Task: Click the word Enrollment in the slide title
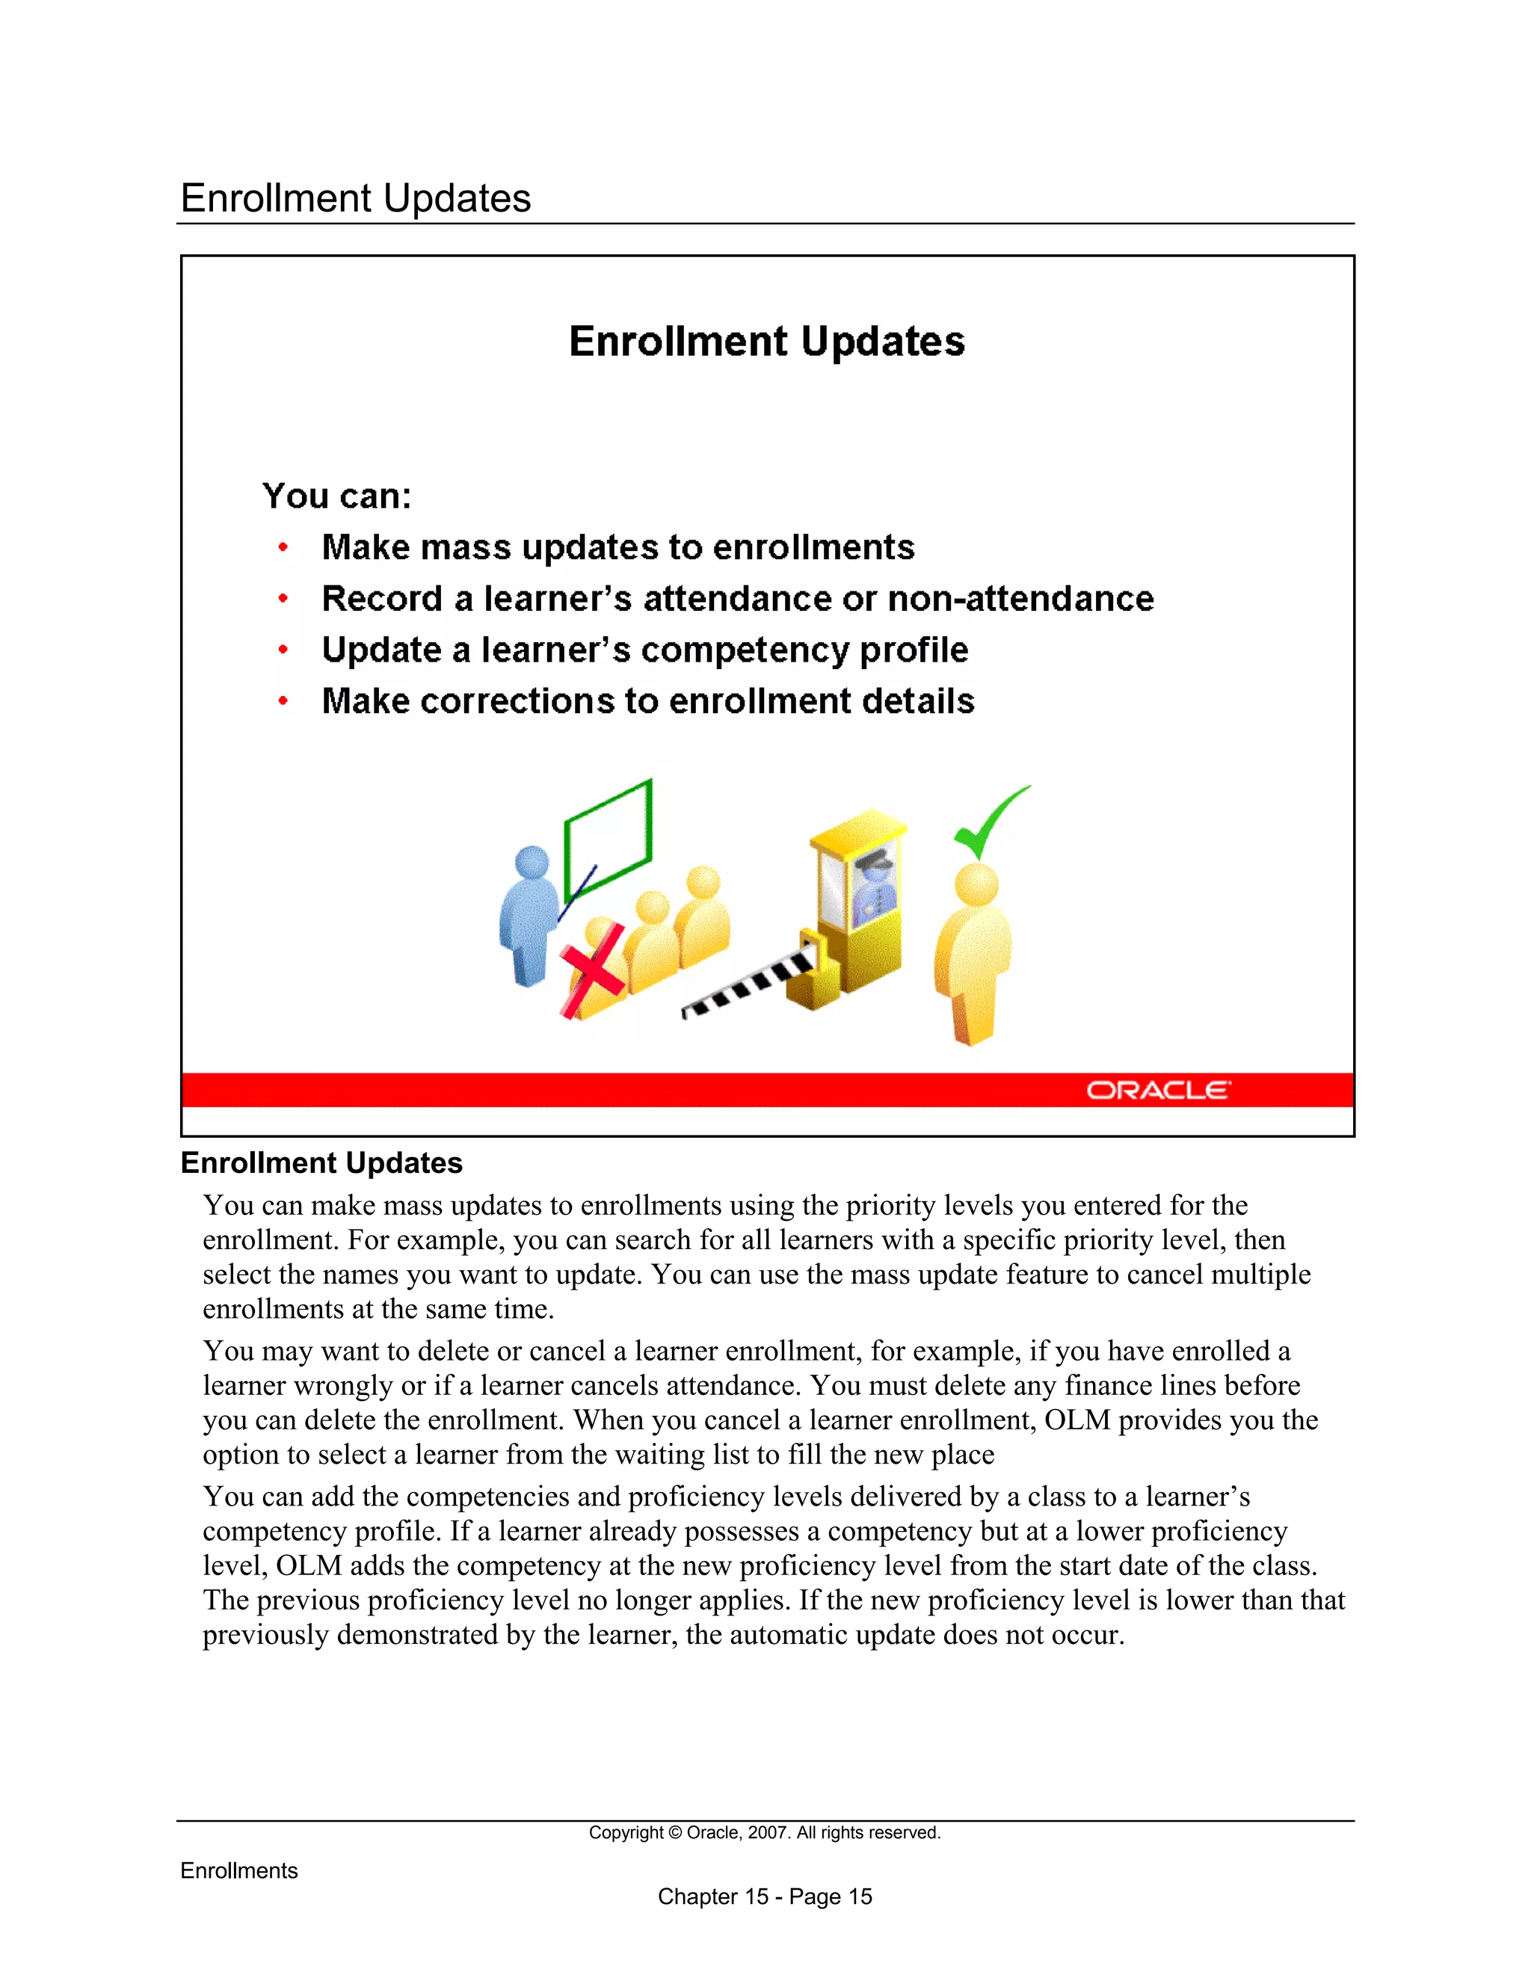click(x=677, y=342)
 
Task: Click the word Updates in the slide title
click(x=883, y=342)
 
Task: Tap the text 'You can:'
click(x=336, y=496)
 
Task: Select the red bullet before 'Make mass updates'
click(x=283, y=547)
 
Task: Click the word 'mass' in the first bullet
click(x=465, y=547)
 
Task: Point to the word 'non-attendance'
click(x=1020, y=599)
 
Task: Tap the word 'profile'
click(x=914, y=650)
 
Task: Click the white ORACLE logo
click(x=1158, y=1089)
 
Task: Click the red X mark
click(x=592, y=970)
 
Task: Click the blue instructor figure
click(x=528, y=916)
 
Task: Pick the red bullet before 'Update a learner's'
click(x=283, y=650)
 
